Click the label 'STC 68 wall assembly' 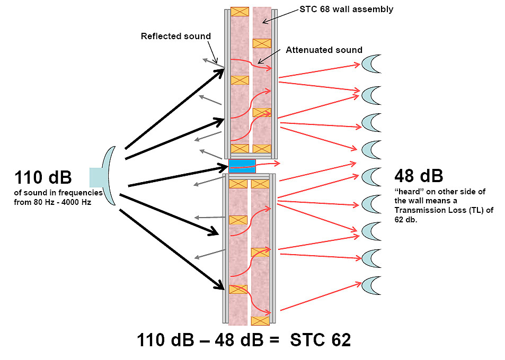click(346, 9)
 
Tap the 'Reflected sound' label click(176, 36)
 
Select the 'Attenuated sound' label click(324, 50)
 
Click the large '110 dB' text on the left click(43, 177)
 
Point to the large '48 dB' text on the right click(419, 176)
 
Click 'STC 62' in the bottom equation click(320, 340)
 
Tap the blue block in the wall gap click(242, 166)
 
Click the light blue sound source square click(96, 177)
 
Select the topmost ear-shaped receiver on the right click(371, 64)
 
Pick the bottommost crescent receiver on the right click(371, 286)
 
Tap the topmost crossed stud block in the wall click(240, 12)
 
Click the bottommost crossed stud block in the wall click(260, 321)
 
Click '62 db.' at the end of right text click(406, 220)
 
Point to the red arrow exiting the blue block click(254, 165)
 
